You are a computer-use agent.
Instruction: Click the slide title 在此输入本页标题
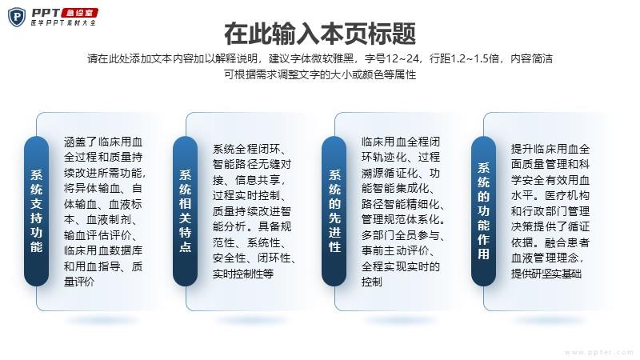pos(320,34)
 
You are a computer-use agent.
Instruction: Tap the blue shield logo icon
pos(17,17)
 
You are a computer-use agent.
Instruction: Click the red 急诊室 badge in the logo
pos(79,13)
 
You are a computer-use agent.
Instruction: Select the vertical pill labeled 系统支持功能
pos(36,211)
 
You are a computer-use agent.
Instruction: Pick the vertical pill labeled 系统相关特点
pos(186,211)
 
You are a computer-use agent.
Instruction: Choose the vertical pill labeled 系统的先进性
pos(334,211)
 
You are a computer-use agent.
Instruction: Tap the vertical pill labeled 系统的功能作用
pos(483,211)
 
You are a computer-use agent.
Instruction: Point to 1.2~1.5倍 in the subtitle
pos(474,58)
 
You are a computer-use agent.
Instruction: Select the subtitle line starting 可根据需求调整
pos(320,74)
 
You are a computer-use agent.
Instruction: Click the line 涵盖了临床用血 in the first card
pos(103,142)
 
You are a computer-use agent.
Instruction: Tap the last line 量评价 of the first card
pos(79,282)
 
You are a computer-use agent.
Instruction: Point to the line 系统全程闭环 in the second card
pos(250,149)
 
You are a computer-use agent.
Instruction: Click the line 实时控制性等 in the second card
pos(243,274)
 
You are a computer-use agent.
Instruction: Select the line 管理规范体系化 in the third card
pos(403,219)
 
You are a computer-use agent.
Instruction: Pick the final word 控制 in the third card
pos(372,282)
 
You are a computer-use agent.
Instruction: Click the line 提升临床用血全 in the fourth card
pos(550,149)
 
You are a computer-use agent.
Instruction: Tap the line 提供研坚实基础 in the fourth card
pos(546,274)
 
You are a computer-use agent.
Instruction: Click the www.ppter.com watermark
pos(598,352)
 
